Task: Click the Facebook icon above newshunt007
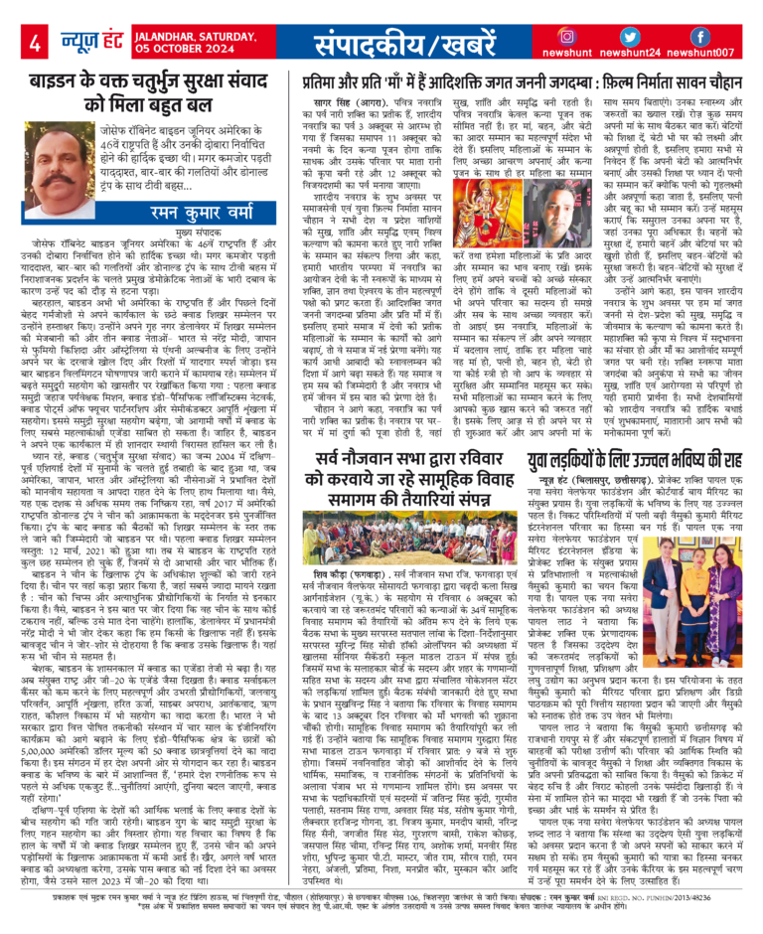[698, 34]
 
